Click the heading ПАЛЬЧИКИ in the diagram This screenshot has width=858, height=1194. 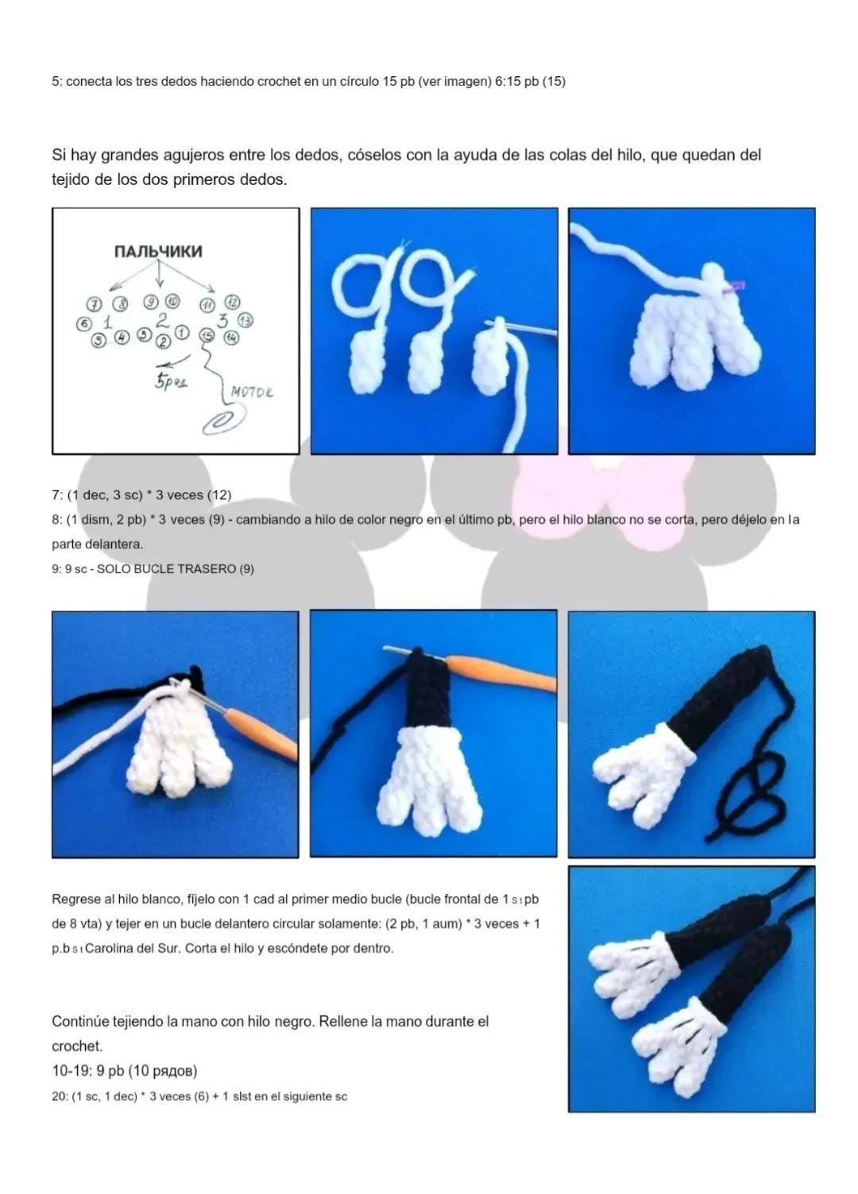click(158, 251)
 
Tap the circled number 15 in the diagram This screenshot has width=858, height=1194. click(206, 335)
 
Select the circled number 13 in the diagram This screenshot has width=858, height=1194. click(245, 321)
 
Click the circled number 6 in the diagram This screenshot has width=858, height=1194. click(83, 324)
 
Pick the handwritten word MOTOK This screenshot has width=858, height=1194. click(252, 392)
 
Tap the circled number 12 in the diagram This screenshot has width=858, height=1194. click(233, 302)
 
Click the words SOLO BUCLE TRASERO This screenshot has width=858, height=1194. click(166, 568)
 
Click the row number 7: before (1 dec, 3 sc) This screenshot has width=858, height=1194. click(57, 495)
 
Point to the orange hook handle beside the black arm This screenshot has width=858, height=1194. click(501, 672)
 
